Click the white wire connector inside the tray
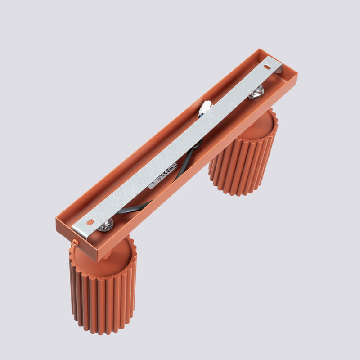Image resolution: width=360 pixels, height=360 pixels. tap(206, 107)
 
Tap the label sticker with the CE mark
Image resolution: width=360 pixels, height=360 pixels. tap(162, 175)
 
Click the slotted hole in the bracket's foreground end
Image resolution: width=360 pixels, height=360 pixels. tap(90, 222)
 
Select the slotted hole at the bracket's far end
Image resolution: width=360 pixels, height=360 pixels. tap(267, 67)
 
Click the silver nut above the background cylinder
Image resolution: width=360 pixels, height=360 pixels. tap(256, 92)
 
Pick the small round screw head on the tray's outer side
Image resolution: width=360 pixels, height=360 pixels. tap(75, 243)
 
